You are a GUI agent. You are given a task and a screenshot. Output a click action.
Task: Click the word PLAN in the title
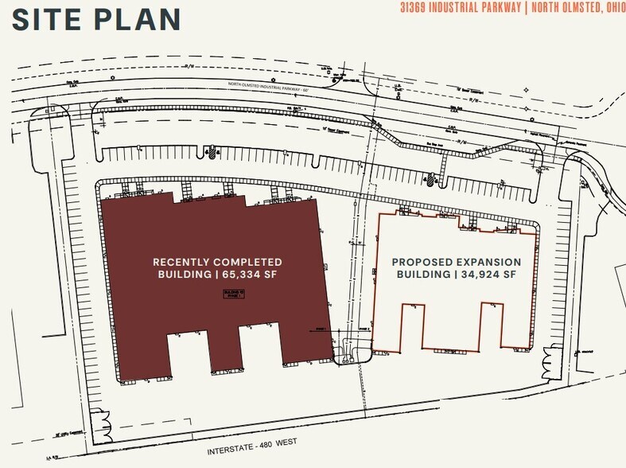click(x=138, y=18)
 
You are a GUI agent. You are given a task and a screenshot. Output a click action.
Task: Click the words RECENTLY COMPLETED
click(x=217, y=261)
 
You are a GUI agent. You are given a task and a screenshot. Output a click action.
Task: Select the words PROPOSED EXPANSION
click(x=457, y=261)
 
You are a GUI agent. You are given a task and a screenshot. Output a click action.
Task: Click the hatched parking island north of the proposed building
click(x=430, y=179)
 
